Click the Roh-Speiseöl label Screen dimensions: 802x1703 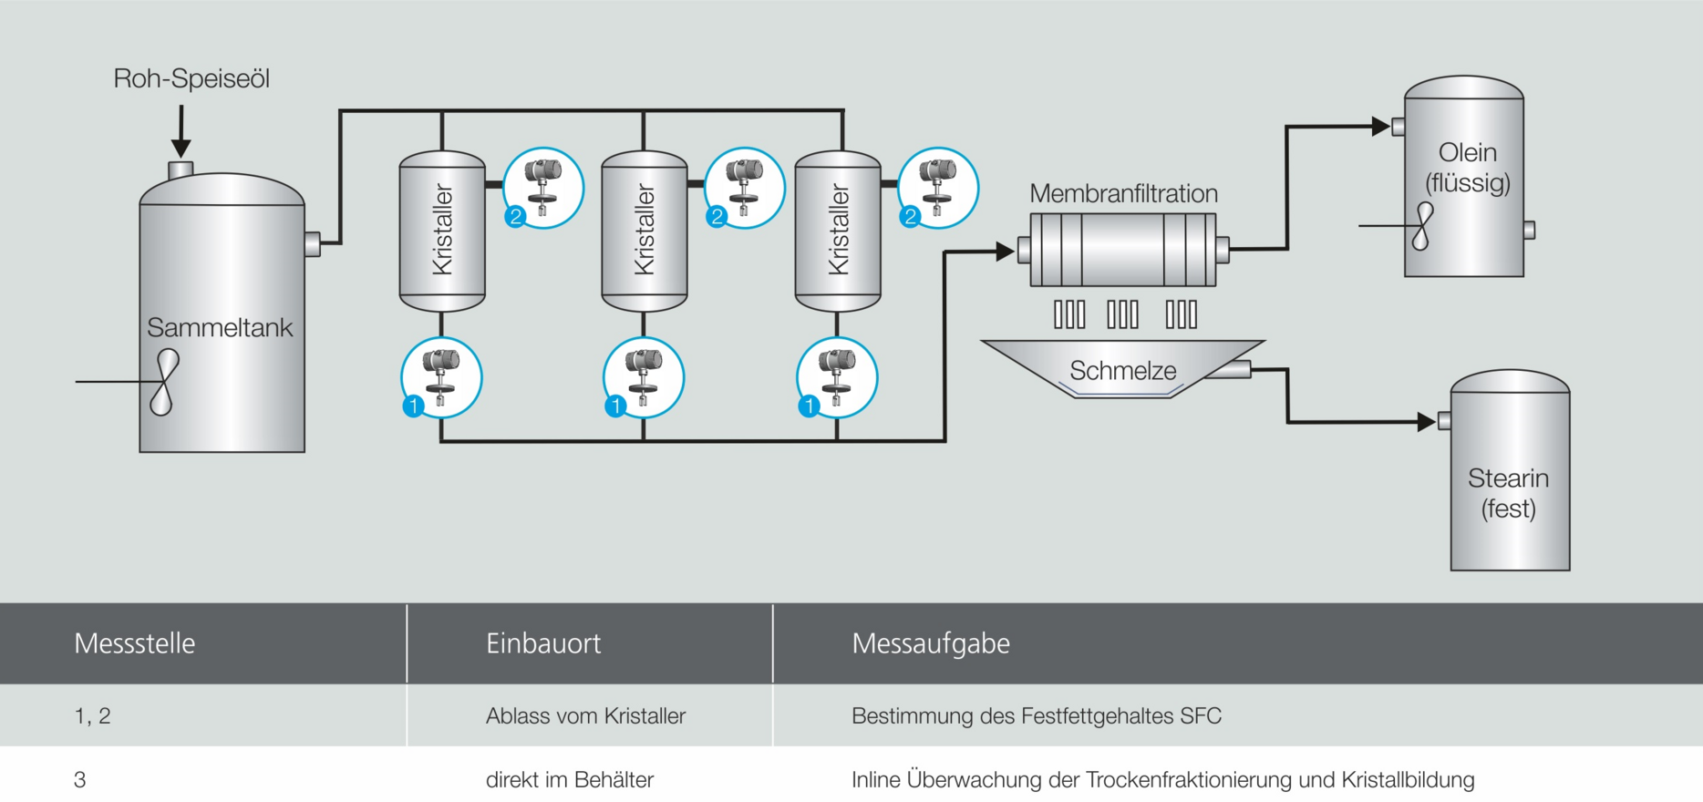tap(191, 78)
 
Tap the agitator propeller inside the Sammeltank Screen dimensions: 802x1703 tap(164, 382)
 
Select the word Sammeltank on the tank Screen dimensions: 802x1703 tap(220, 327)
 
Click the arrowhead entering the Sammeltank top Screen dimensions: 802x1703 tap(181, 149)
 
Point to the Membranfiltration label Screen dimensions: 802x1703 tap(1123, 193)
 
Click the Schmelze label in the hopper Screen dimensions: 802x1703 tap(1122, 371)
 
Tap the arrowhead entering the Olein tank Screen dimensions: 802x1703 tap(1381, 127)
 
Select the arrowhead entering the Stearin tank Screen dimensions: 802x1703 tap(1427, 422)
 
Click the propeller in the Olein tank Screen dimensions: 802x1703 tap(1421, 226)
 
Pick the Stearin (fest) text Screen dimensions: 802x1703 tap(1508, 493)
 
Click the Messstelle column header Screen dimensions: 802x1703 tap(135, 643)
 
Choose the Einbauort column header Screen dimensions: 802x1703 tap(543, 643)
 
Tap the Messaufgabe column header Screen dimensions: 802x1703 tap(931, 643)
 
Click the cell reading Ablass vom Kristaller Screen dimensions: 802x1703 tap(585, 716)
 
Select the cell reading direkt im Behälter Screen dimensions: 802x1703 tap(570, 780)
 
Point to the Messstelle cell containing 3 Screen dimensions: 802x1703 tap(80, 780)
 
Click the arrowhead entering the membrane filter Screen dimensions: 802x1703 tap(1006, 251)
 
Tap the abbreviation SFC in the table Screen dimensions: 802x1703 tap(1201, 716)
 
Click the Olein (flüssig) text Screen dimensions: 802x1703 tap(1468, 167)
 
